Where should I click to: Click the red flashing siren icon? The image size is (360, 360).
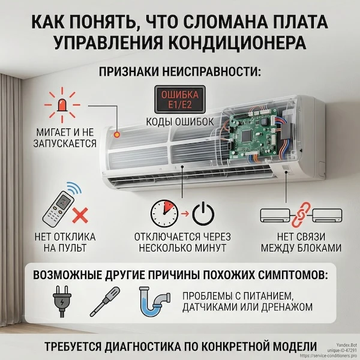point(61,104)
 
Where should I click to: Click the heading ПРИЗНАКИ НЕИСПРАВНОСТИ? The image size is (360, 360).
point(180,73)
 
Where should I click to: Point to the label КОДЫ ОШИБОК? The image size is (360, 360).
point(179,121)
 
